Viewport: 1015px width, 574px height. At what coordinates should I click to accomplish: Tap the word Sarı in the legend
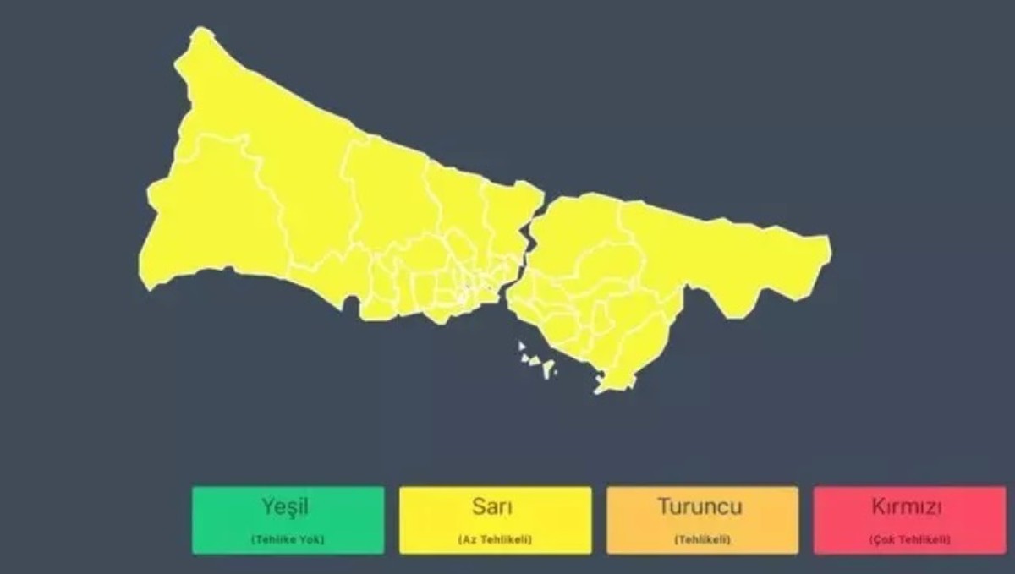coord(495,507)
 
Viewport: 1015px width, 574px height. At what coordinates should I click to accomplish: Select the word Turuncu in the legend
coord(700,507)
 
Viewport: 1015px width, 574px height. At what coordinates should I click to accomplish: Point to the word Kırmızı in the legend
coord(908,507)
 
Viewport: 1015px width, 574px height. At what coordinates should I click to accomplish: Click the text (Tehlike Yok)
coord(288,539)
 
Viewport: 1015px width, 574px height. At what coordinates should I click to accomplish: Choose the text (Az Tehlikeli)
coord(495,539)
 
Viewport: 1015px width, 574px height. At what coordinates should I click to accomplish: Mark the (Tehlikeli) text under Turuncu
coord(701,539)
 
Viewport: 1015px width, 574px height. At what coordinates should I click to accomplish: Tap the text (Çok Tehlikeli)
coord(908,539)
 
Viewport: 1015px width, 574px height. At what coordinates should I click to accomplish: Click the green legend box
coord(288,520)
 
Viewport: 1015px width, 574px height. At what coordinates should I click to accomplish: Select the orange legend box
coord(702,520)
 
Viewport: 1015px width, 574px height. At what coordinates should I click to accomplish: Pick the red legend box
coord(909,520)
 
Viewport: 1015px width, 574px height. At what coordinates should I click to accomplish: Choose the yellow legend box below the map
coord(495,520)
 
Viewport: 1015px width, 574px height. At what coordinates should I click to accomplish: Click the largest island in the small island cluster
coord(548,368)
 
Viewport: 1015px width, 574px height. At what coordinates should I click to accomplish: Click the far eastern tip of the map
coord(828,248)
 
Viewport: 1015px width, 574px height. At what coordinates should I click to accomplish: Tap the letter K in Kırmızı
coord(877,507)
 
